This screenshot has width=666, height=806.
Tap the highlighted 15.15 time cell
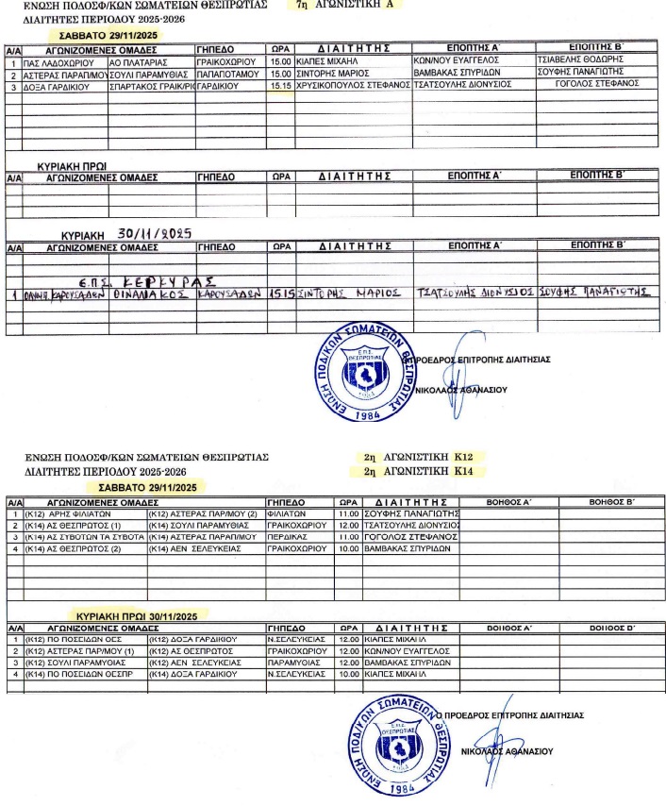280,84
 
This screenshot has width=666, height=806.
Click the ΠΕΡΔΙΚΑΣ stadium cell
290,537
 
